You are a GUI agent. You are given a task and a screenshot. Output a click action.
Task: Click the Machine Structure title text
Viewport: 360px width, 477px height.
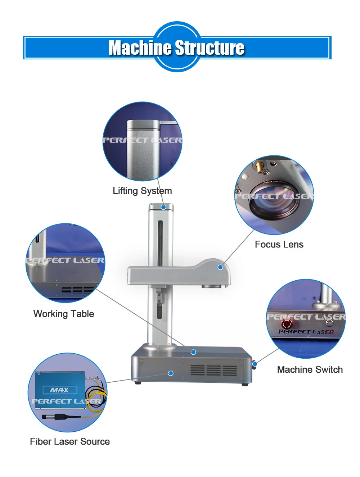click(x=176, y=48)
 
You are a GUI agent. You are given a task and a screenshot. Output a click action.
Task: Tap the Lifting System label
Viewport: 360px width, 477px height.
click(x=142, y=191)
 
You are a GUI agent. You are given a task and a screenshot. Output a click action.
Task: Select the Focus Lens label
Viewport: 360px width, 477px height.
click(x=279, y=245)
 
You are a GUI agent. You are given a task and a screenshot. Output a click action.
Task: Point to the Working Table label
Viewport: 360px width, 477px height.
click(x=64, y=314)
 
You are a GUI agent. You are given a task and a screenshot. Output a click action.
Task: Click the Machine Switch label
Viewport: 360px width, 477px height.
click(x=310, y=369)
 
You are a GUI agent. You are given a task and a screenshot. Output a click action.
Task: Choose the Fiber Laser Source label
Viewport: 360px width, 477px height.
click(x=70, y=441)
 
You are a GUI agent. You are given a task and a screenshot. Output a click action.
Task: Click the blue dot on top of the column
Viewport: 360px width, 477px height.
click(x=163, y=207)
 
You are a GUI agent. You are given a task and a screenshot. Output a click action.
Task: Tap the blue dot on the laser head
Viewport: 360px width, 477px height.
click(x=220, y=267)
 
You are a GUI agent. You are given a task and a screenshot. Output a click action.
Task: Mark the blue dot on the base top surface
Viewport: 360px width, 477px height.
click(x=193, y=352)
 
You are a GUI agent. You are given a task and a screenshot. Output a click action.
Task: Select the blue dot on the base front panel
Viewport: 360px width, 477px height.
click(x=171, y=373)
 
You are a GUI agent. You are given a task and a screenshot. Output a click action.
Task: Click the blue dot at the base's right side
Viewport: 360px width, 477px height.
click(x=255, y=364)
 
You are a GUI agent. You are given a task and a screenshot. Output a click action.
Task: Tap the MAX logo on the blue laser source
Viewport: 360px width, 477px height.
click(x=59, y=390)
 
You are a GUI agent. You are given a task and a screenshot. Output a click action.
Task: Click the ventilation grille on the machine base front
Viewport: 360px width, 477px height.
click(x=213, y=370)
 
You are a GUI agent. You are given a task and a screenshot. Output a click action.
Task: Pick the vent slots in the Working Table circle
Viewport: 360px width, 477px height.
click(x=77, y=290)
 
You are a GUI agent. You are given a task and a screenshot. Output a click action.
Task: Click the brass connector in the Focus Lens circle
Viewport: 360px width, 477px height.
click(x=259, y=167)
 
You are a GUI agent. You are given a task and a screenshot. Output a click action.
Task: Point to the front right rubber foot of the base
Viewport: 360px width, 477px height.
click(x=245, y=385)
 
